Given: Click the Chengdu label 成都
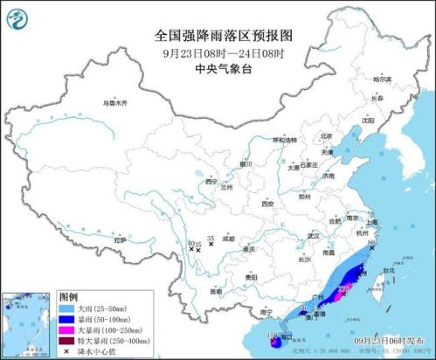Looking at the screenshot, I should pyautogui.click(x=228, y=238).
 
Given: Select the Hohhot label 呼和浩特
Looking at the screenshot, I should pyautogui.click(x=286, y=139).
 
